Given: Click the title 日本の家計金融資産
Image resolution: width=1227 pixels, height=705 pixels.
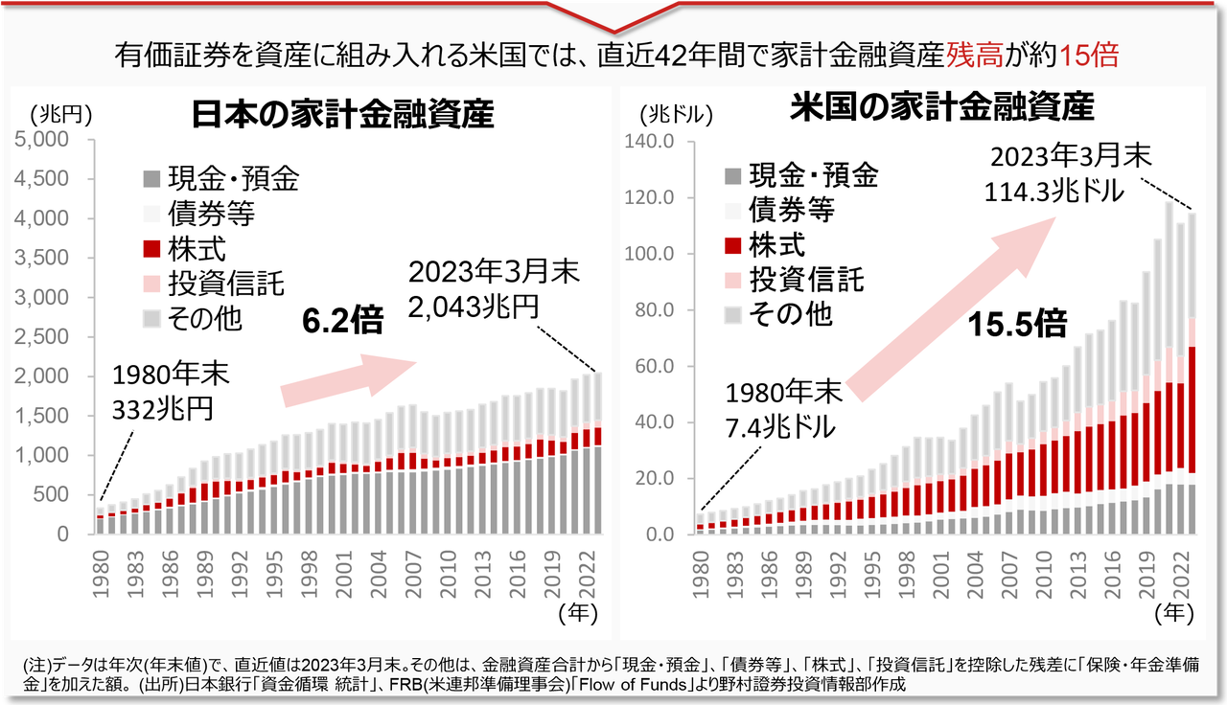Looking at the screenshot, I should point(343,114).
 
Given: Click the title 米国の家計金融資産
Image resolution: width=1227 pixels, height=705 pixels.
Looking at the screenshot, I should point(943,107).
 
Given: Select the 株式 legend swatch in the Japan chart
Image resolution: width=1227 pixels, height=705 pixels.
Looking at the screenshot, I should point(151,250).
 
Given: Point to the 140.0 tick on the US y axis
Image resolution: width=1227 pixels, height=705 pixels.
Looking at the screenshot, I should point(653,142).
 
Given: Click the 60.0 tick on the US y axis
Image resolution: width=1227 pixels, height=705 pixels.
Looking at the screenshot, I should point(657,366).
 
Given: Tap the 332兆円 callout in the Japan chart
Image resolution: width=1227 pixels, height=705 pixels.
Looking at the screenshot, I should point(163,410).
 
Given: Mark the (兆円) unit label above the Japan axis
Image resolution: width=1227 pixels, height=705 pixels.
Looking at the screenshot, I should point(60,114).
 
